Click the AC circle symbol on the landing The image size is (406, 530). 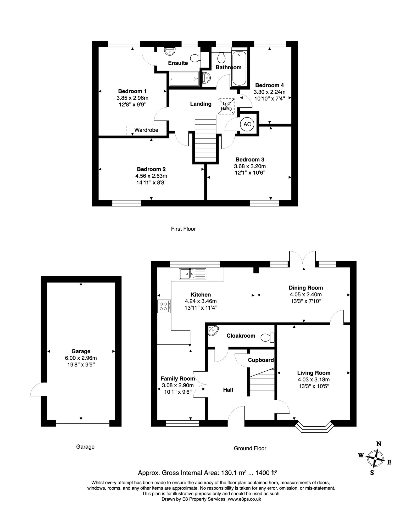[247, 124]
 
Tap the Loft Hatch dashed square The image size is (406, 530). [226, 106]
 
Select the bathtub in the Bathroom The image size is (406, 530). [239, 68]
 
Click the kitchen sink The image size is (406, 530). [193, 274]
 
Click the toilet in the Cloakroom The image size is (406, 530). [268, 337]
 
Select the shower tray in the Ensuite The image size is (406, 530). [184, 79]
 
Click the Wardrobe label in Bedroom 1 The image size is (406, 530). [146, 130]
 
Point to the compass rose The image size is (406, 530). [375, 459]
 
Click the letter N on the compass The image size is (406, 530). [379, 444]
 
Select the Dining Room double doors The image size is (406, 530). [302, 259]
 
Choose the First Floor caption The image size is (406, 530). [183, 229]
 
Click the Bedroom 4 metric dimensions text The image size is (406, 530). [269, 92]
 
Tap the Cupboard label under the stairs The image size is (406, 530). [261, 360]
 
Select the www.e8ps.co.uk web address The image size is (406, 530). [244, 499]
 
